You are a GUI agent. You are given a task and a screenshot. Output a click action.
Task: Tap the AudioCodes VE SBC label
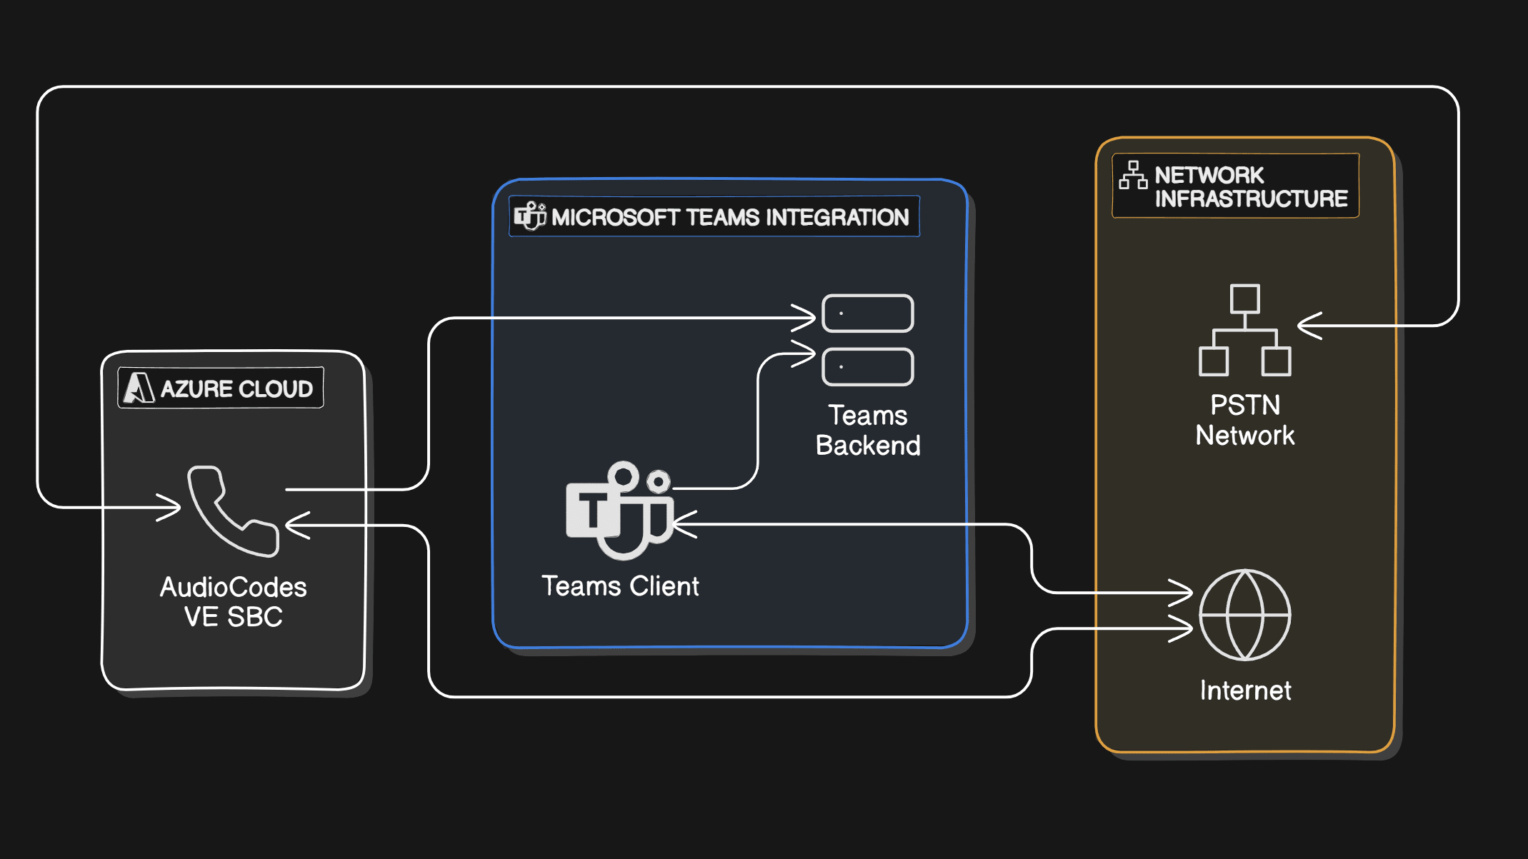233,602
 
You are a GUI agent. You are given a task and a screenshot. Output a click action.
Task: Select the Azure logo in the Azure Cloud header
139,388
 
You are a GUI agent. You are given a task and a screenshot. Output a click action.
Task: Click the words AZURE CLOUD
236,389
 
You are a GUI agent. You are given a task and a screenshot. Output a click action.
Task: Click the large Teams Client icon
619,511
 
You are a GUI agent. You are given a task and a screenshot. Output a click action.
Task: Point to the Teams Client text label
620,586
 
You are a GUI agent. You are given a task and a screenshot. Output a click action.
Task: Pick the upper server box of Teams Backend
867,313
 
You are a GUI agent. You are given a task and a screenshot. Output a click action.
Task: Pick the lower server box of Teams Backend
867,367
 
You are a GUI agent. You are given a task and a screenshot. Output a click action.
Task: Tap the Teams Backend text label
868,431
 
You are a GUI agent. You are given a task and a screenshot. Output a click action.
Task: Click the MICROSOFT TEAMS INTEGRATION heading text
729,217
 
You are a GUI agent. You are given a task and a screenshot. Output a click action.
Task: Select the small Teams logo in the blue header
530,216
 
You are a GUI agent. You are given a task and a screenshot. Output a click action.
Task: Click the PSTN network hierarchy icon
1244,330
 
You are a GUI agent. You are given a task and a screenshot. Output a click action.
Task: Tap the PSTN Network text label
1244,421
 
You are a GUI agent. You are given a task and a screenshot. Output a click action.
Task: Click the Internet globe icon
1244,615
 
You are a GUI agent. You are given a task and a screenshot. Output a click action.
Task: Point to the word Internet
1244,690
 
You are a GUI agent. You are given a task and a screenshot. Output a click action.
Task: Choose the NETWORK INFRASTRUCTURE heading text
1250,186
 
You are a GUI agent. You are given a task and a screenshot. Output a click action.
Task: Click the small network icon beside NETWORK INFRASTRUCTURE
1133,175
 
